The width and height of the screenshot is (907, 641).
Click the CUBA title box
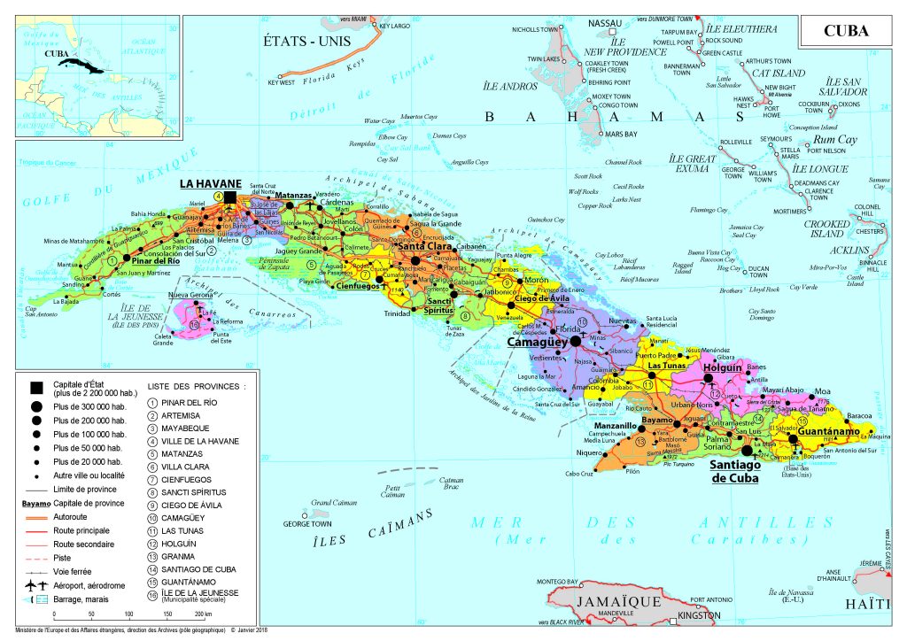tap(846, 31)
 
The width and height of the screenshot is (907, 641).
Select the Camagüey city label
tap(537, 341)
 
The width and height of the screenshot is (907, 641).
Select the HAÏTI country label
tap(872, 604)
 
